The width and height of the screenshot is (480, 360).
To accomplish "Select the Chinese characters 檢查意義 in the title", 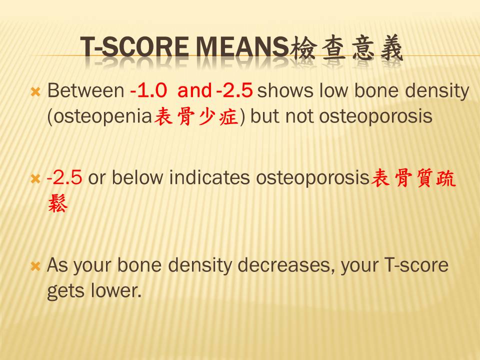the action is coord(346,48).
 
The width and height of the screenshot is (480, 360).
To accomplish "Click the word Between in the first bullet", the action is coord(85,90).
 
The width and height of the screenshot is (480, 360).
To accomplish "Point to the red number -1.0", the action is coord(148,90).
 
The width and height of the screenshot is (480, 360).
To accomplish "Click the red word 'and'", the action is coord(194,90).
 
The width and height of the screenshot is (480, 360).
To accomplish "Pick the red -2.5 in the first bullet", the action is coord(234,90).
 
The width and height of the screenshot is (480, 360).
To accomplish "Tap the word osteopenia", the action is coord(100,116).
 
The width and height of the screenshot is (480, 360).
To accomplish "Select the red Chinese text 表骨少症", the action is coord(196,116).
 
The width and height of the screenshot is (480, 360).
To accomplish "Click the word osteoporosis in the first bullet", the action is coord(375,116).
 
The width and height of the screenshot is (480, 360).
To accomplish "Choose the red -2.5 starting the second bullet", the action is coord(64,177).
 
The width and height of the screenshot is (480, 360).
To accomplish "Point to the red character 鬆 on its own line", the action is coord(58,203).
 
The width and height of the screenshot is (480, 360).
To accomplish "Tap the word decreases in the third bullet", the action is coord(285,265).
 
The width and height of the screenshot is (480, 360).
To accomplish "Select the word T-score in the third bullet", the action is coord(416,265).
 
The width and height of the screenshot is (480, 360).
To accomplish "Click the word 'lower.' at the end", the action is coord(116,290).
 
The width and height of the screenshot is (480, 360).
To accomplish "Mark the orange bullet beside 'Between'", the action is coord(35,92).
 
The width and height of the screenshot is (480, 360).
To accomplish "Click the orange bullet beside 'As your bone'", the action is coord(35,266).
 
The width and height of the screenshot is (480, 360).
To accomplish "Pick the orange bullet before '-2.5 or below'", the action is coord(35,179).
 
